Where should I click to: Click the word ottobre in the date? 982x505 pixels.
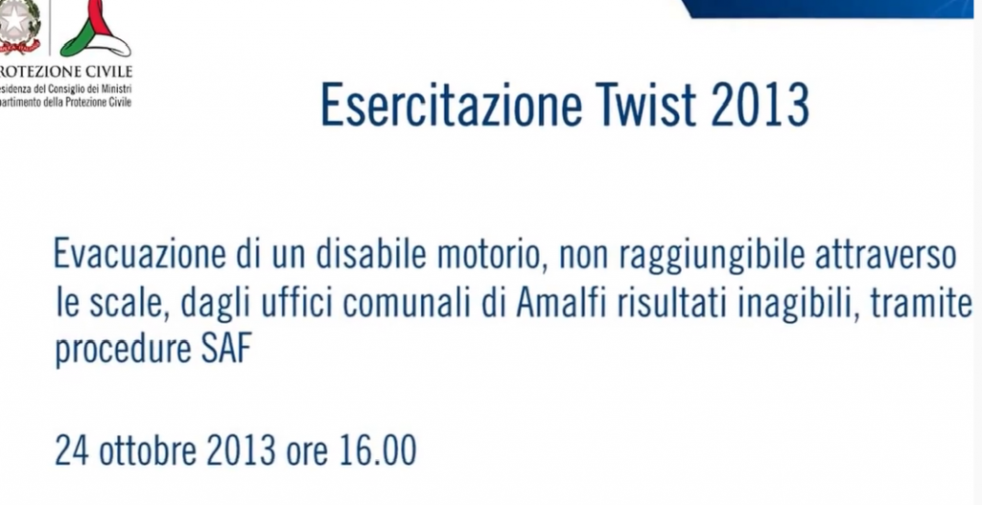[x=147, y=450]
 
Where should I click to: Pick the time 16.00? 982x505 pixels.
[x=378, y=450]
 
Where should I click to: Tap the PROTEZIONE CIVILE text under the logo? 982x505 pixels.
[x=65, y=71]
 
